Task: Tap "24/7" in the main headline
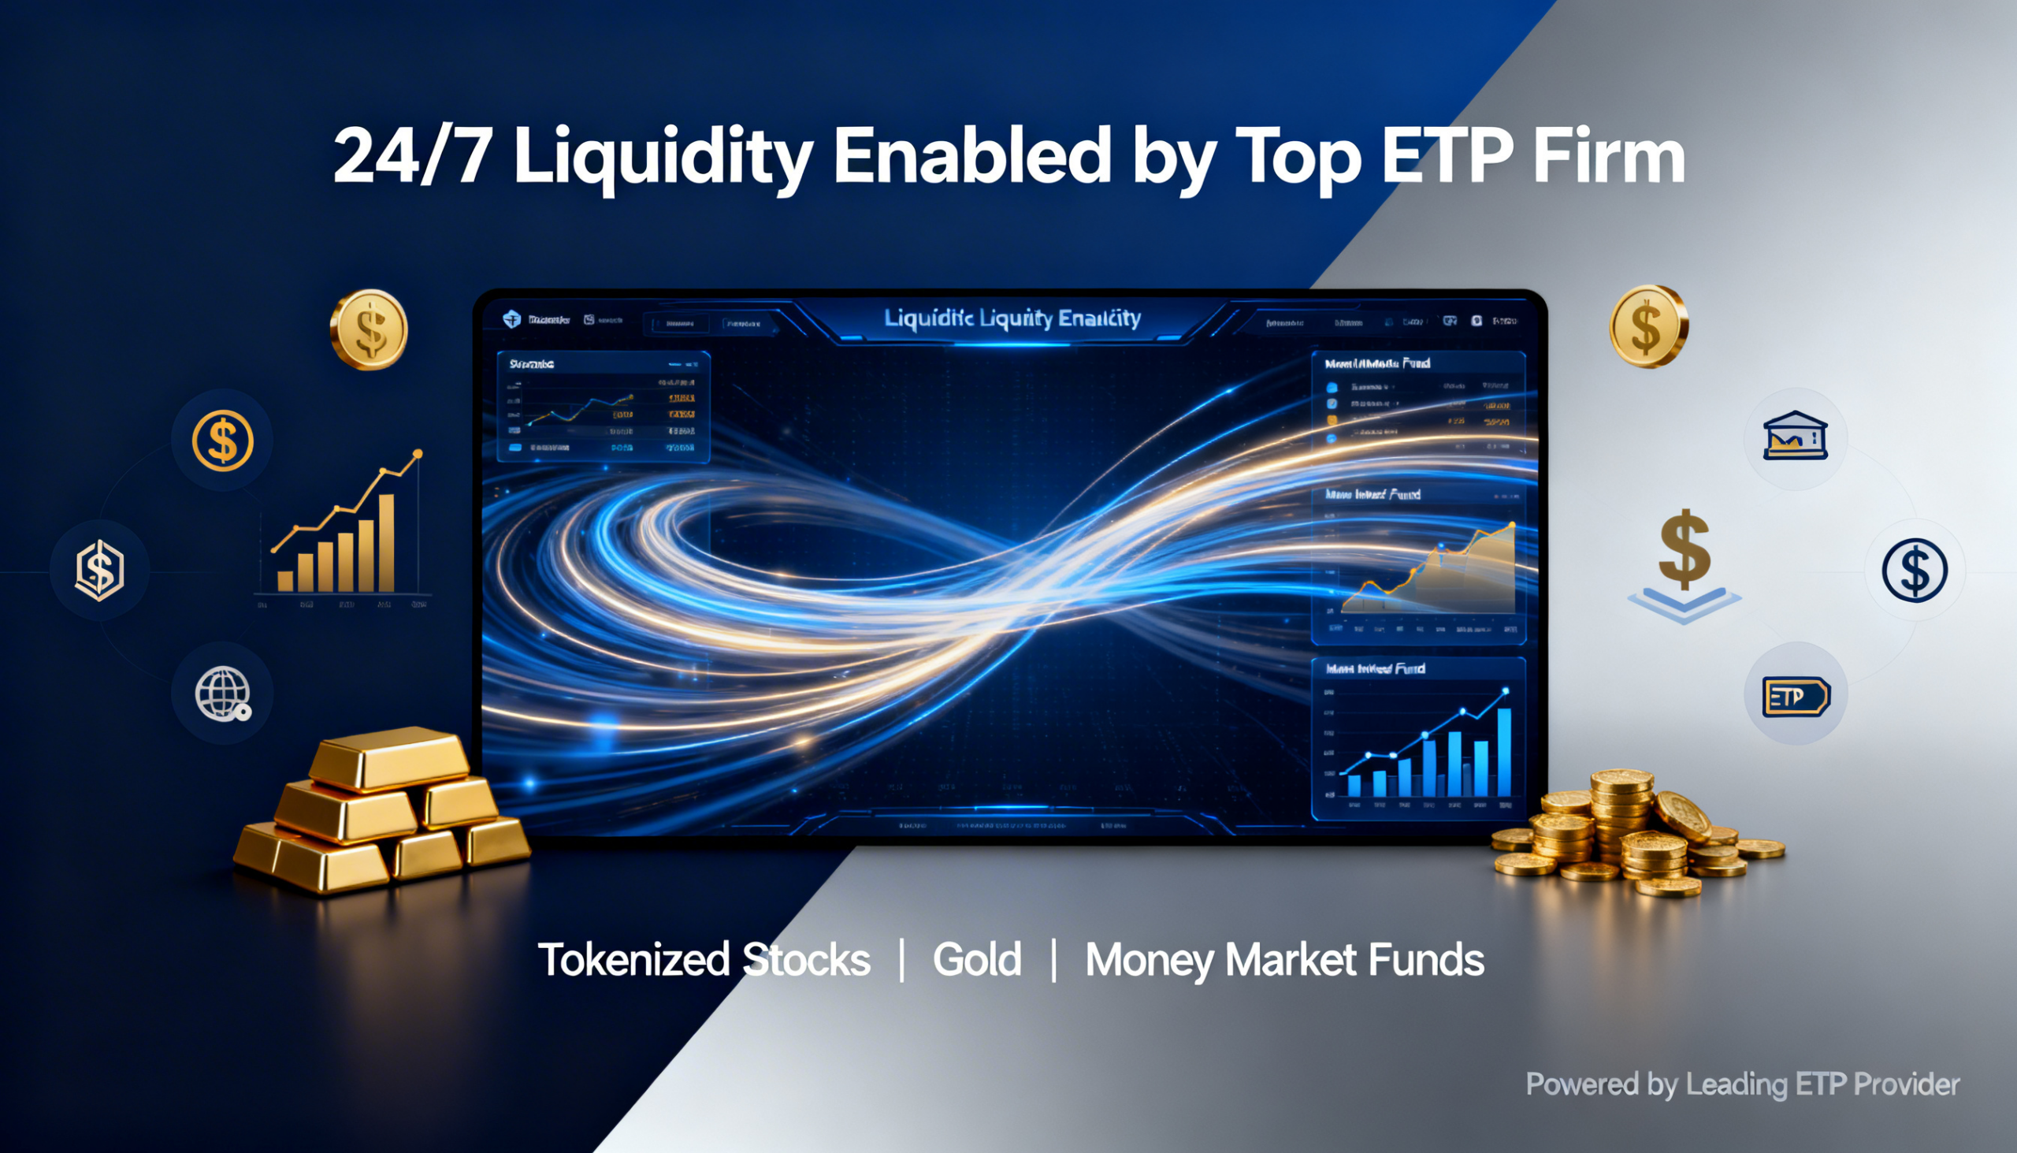tap(411, 157)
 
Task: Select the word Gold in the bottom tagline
tap(977, 960)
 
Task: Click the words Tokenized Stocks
tap(704, 960)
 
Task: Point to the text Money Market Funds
tap(1284, 960)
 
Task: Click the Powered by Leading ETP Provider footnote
tap(1742, 1084)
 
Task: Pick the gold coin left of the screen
tap(369, 329)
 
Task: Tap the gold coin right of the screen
tap(1648, 326)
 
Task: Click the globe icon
tap(222, 694)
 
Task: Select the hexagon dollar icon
tap(100, 569)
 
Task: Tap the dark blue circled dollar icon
tap(1914, 570)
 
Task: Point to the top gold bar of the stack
tap(388, 759)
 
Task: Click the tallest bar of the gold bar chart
tap(386, 542)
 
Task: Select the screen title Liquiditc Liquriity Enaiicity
tap(1012, 318)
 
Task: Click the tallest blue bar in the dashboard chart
tap(1504, 753)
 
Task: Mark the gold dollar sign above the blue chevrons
tap(1684, 548)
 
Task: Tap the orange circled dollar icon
tap(222, 441)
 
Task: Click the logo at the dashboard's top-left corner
tap(512, 319)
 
